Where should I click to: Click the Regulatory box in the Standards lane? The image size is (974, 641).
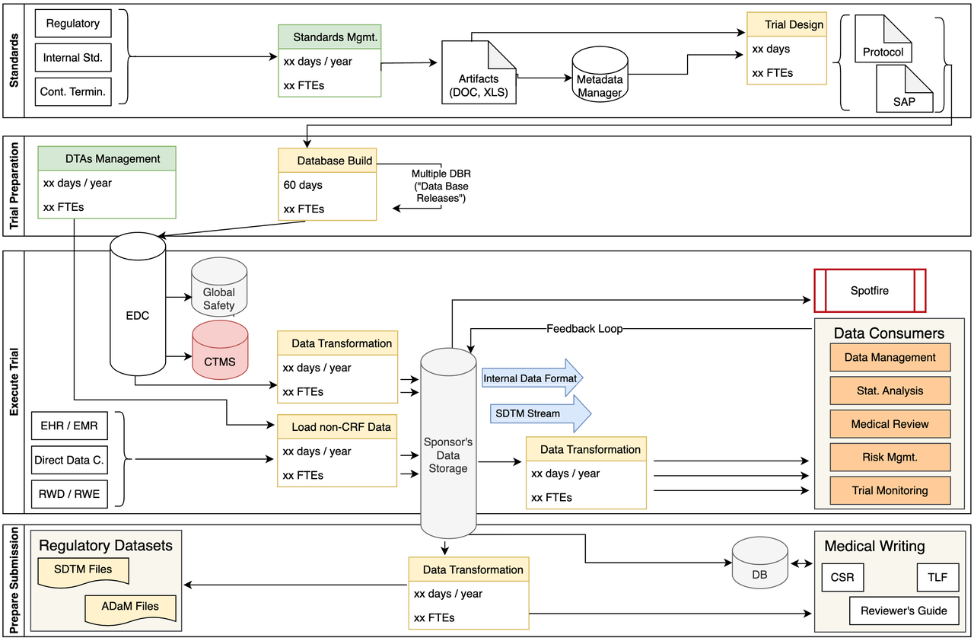73,24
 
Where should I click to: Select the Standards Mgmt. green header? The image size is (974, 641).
329,37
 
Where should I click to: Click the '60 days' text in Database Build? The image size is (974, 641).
302,185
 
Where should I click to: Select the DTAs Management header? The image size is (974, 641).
107,158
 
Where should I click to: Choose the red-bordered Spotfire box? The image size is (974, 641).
869,291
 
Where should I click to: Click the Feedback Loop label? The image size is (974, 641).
584,329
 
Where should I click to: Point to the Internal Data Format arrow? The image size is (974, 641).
532,377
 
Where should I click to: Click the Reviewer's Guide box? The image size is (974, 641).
903,611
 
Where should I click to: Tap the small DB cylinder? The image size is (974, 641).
759,565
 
